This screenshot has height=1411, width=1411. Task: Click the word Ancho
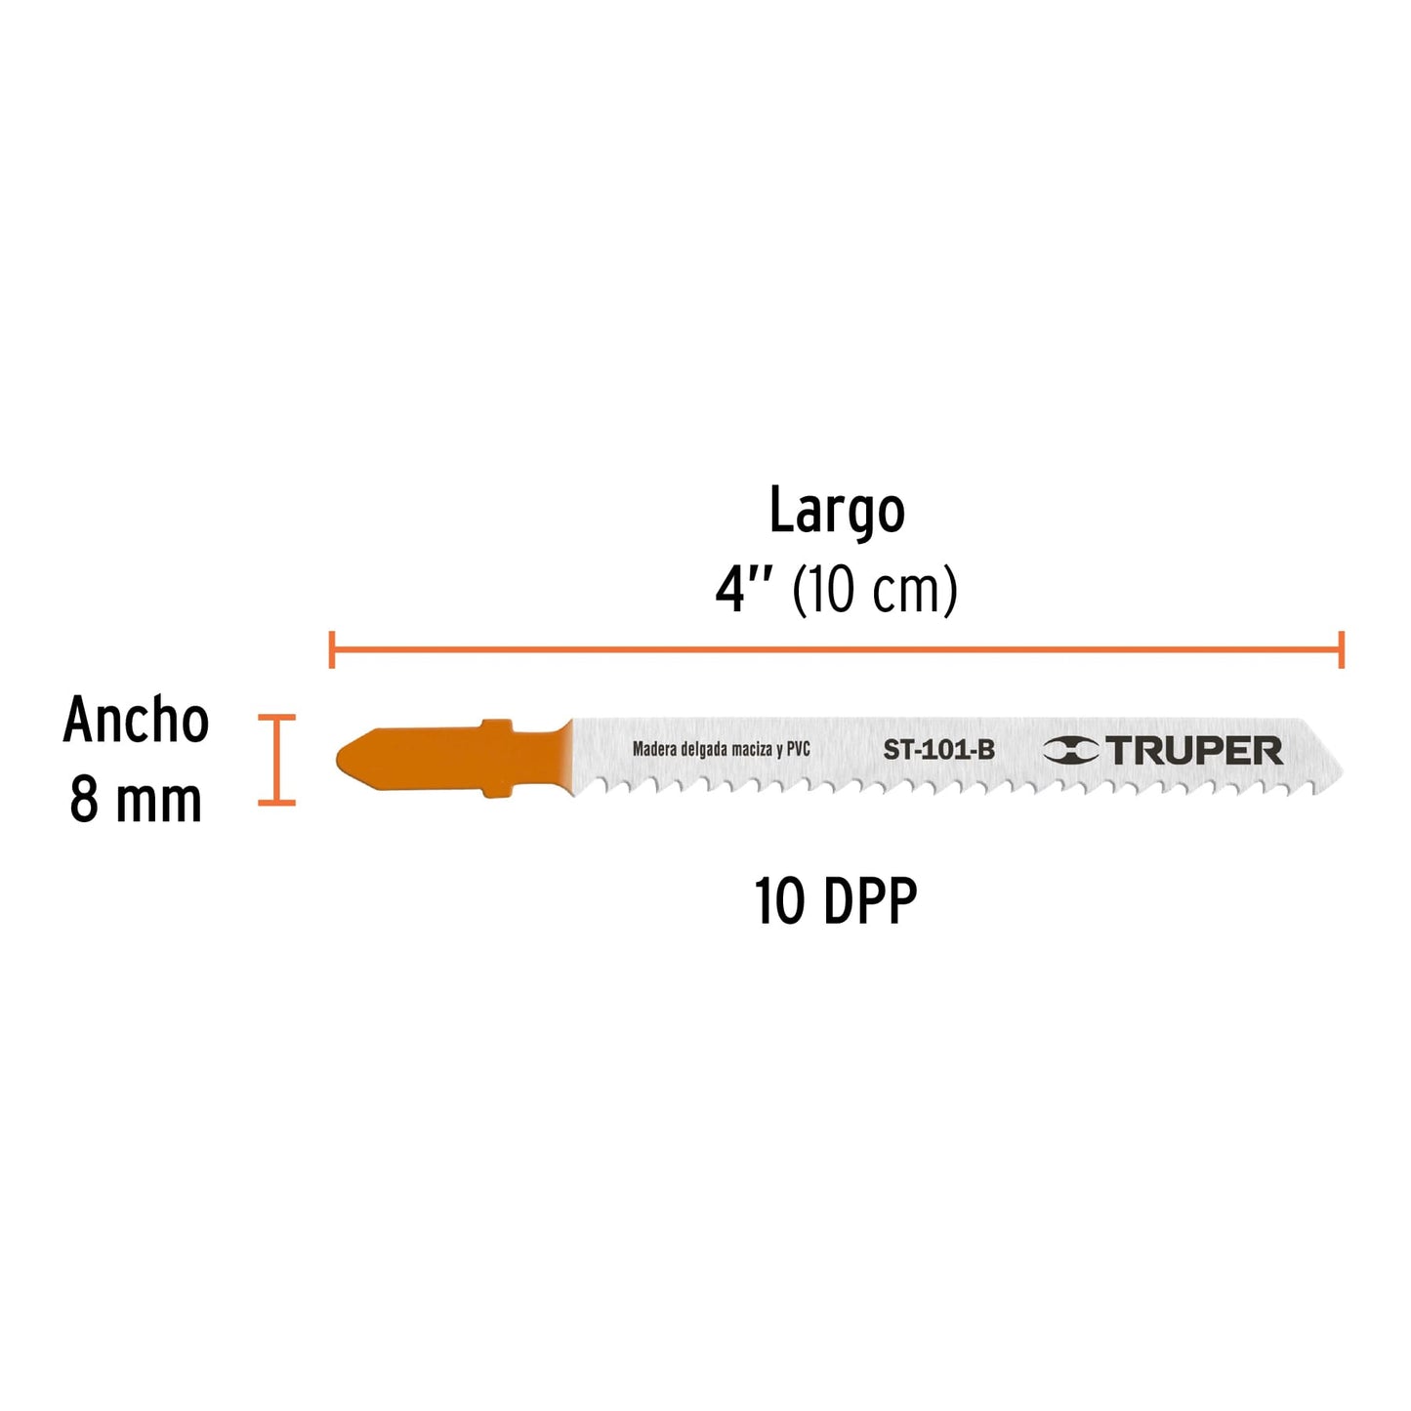click(x=136, y=721)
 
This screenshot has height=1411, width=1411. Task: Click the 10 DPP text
click(x=836, y=902)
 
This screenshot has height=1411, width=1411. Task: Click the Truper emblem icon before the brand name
click(x=1070, y=751)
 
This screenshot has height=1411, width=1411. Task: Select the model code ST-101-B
click(x=938, y=751)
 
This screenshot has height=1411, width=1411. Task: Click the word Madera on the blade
click(x=655, y=749)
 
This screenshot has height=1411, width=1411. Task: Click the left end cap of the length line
click(x=332, y=649)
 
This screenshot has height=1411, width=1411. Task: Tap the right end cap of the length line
click(x=1342, y=649)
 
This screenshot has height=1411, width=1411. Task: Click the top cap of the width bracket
click(x=276, y=718)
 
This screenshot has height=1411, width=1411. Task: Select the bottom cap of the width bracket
click(x=276, y=804)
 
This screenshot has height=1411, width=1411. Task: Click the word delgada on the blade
click(x=705, y=750)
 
